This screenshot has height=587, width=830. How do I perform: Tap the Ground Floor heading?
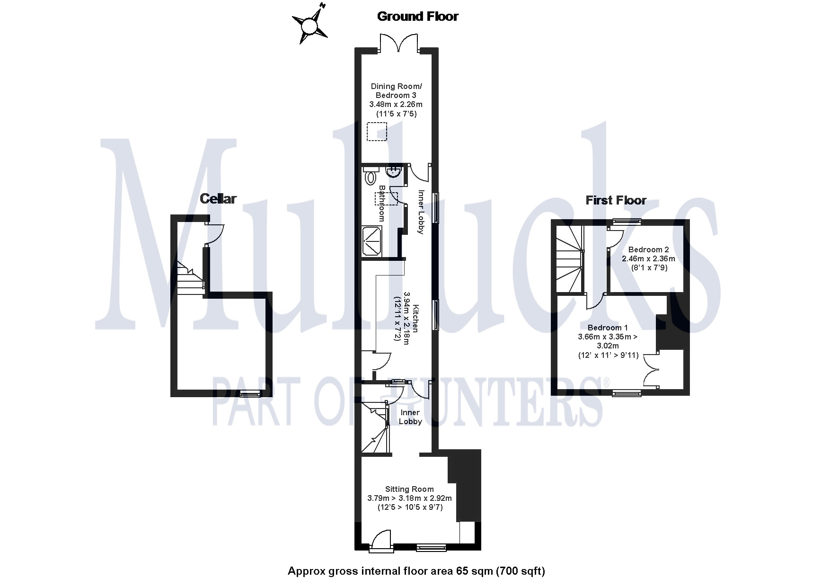pyautogui.click(x=417, y=17)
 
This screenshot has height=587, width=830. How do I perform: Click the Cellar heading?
pyautogui.click(x=218, y=199)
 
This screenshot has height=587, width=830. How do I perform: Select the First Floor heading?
pyautogui.click(x=616, y=200)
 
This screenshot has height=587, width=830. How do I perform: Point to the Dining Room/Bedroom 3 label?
pyautogui.click(x=396, y=90)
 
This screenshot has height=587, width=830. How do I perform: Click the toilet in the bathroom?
pyautogui.click(x=371, y=177)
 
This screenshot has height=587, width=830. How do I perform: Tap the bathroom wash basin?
pyautogui.click(x=394, y=172)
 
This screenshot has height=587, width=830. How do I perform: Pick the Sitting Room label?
pyautogui.click(x=409, y=489)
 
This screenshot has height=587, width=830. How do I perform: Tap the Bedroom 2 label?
pyautogui.click(x=648, y=249)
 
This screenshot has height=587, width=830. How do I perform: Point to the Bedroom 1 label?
pyautogui.click(x=608, y=328)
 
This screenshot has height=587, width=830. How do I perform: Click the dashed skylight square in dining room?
pyautogui.click(x=377, y=132)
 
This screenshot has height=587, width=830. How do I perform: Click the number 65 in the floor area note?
pyautogui.click(x=462, y=571)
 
